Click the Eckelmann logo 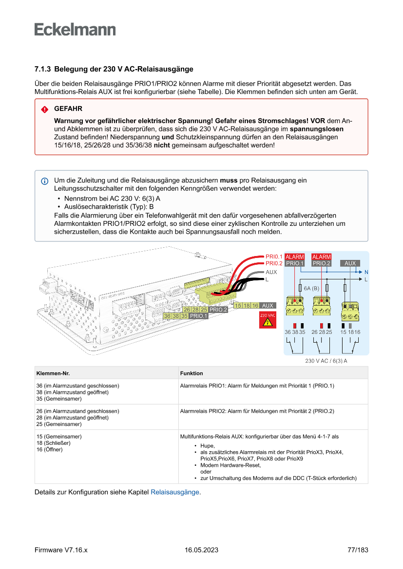tap(75, 29)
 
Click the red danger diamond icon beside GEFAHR tap(45, 110)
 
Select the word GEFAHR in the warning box tap(68, 109)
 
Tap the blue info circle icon tap(45, 181)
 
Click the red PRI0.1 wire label tap(274, 257)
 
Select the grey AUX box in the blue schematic tap(350, 263)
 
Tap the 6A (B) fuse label tap(311, 288)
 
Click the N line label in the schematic tap(366, 272)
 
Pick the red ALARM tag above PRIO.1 tap(294, 257)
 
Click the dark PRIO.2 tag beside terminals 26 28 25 tap(218, 310)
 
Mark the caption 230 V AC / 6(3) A tap(326, 361)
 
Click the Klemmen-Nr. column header tap(53, 373)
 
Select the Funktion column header tap(192, 373)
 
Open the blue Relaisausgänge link tap(175, 492)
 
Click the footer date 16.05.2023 tap(201, 550)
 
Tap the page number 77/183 tap(358, 550)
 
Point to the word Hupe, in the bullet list tap(207, 446)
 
